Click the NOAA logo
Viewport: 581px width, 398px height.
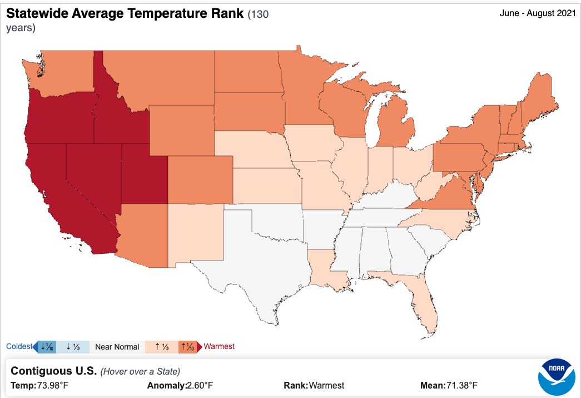tap(556, 377)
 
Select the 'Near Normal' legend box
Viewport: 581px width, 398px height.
tap(117, 347)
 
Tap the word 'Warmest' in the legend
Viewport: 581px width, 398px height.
tap(219, 347)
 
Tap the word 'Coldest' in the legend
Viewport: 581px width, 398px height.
tap(19, 347)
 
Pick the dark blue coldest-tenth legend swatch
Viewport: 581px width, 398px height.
tap(47, 347)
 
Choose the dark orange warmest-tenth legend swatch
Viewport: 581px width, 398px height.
tap(188, 347)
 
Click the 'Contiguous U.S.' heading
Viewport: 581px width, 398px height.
tap(54, 371)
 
